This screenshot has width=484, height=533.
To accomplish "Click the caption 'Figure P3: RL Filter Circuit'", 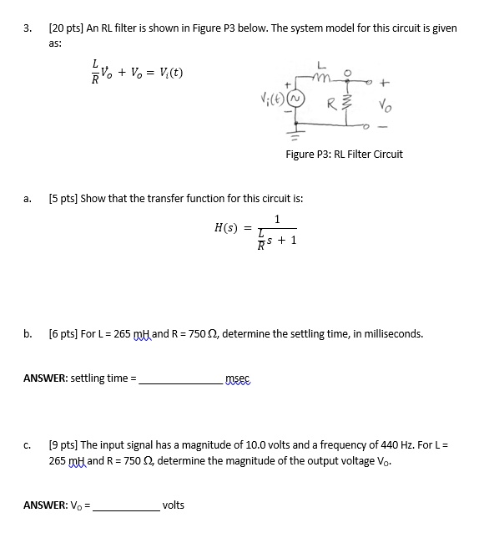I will pyautogui.click(x=344, y=154).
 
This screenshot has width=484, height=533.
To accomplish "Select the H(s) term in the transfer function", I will pyautogui.click(x=226, y=227).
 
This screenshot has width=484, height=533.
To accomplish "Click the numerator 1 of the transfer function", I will pyautogui.click(x=277, y=220).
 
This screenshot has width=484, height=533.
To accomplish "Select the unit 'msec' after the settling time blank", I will pyautogui.click(x=238, y=380).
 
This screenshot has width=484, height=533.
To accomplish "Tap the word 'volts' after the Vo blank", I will pyautogui.click(x=174, y=505).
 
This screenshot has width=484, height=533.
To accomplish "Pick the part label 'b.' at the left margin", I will pyautogui.click(x=28, y=334).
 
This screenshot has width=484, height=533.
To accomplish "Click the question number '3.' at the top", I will pyautogui.click(x=28, y=28).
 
